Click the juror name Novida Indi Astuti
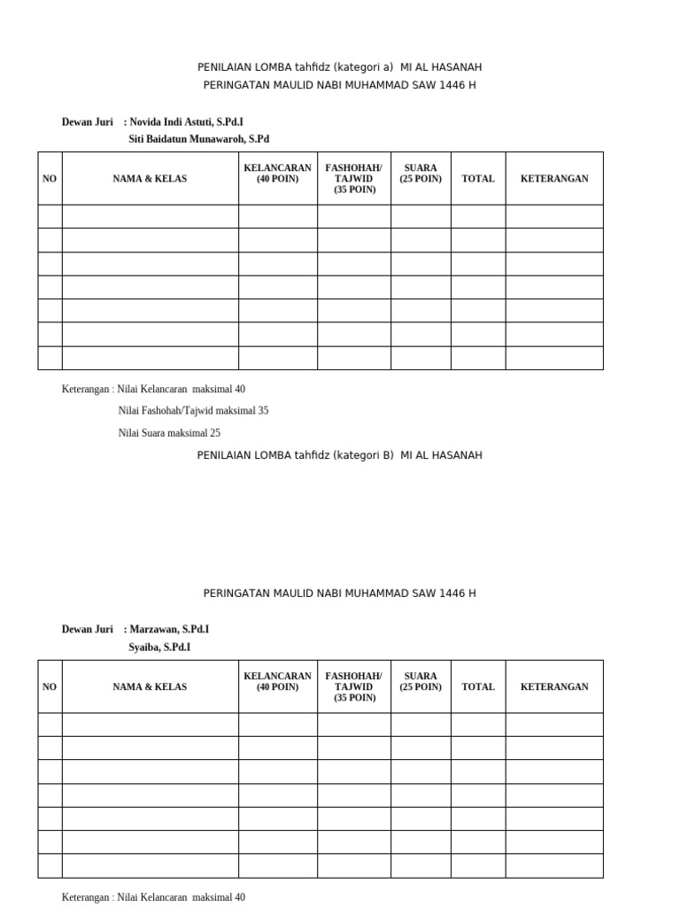tap(186, 121)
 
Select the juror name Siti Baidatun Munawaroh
tap(198, 139)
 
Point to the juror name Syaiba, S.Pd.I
tap(159, 647)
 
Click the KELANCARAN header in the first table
tap(277, 173)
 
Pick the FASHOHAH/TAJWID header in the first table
tap(353, 178)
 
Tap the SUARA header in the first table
tap(420, 173)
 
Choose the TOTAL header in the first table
tap(478, 178)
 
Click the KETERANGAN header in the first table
tap(554, 178)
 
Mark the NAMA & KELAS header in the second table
tap(150, 686)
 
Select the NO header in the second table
tap(50, 686)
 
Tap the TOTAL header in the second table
tap(478, 686)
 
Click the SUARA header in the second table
tap(420, 681)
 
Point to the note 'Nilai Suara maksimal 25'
tap(169, 433)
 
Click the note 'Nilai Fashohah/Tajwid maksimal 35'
tap(193, 411)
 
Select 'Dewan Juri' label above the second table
tap(88, 629)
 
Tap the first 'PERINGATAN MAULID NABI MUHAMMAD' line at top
tap(339, 85)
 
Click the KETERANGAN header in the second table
tap(554, 686)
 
